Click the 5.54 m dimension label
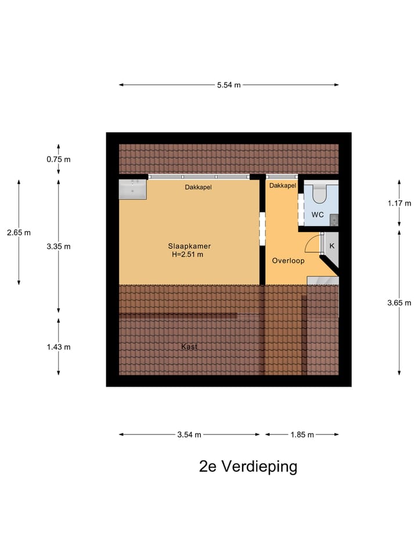[x=229, y=85]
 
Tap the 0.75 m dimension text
[x=59, y=160]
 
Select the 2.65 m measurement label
[x=19, y=232]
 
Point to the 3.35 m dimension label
[x=59, y=246]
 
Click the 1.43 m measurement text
[x=59, y=347]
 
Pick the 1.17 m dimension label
[x=399, y=203]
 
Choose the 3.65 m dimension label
[x=399, y=302]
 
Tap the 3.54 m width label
[x=190, y=435]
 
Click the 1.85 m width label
[x=302, y=435]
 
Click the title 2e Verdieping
[x=248, y=466]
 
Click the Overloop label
[x=288, y=261]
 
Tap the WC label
[x=317, y=215]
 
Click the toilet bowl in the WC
[x=319, y=193]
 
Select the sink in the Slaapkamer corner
[x=133, y=189]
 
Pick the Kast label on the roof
[x=189, y=346]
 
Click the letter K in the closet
[x=332, y=246]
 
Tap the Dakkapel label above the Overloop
[x=283, y=186]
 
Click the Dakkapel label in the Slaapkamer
[x=199, y=187]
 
